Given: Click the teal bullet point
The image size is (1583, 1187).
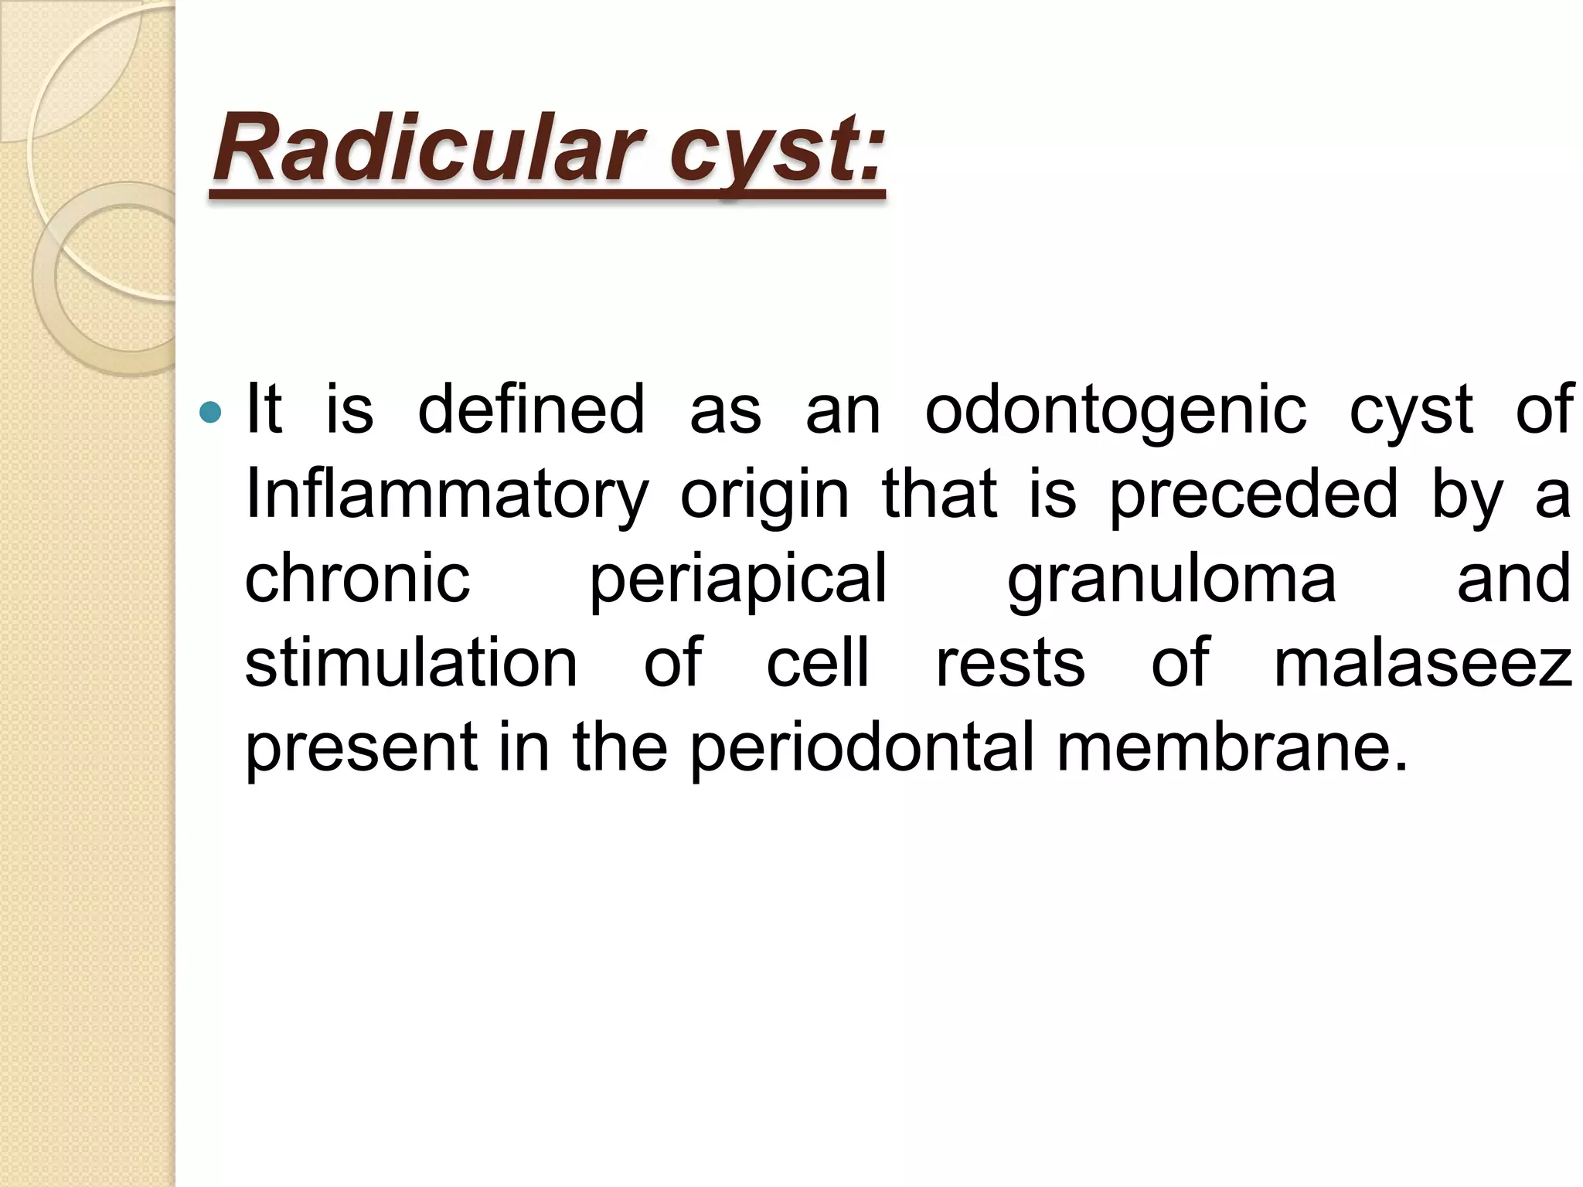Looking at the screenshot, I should (209, 413).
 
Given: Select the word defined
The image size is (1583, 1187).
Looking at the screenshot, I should (531, 410).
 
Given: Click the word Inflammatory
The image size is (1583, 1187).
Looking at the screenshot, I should (447, 495).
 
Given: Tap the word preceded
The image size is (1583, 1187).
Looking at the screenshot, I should (1254, 495).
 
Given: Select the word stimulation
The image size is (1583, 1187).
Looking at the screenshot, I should (411, 663).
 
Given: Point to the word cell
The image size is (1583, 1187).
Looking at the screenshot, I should (818, 663).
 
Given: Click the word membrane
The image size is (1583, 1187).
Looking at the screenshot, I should (1232, 748).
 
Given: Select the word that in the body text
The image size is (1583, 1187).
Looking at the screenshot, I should (939, 495).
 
